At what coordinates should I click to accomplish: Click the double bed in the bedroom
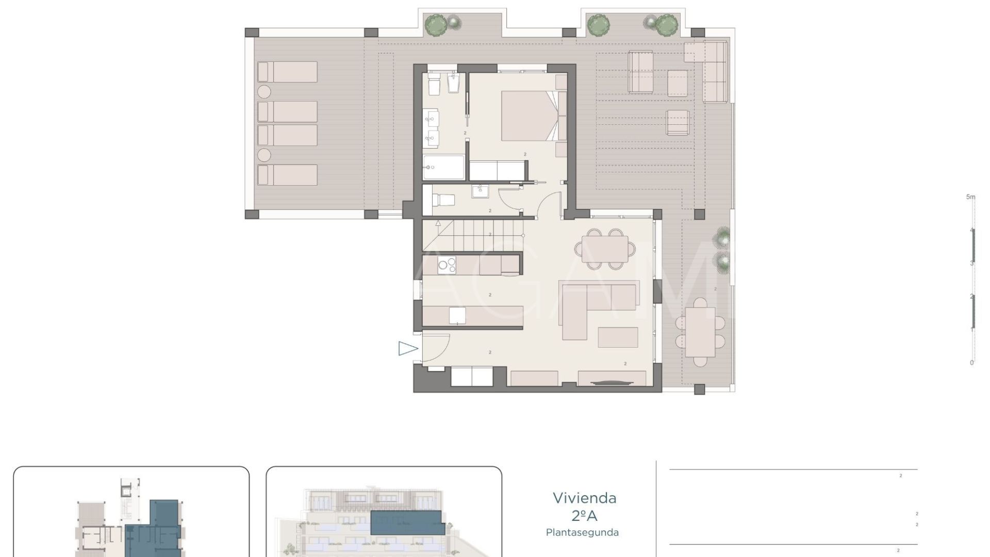pyautogui.click(x=529, y=116)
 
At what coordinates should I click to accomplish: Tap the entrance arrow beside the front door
pyautogui.click(x=407, y=349)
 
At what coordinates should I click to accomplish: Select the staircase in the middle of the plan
pyautogui.click(x=472, y=236)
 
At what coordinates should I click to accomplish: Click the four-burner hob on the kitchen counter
pyautogui.click(x=447, y=266)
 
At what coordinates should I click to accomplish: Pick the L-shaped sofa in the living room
pyautogui.click(x=593, y=304)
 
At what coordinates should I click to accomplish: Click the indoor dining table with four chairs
pyautogui.click(x=605, y=250)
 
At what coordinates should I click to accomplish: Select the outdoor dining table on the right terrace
pyautogui.click(x=700, y=332)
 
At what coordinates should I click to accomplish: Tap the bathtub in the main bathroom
pyautogui.click(x=443, y=167)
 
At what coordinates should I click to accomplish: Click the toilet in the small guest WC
pyautogui.click(x=442, y=200)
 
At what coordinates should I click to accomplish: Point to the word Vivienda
pyautogui.click(x=584, y=498)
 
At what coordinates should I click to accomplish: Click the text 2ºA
pyautogui.click(x=584, y=516)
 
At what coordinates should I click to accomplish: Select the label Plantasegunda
pyautogui.click(x=582, y=533)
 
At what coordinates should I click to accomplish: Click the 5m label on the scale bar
pyautogui.click(x=970, y=197)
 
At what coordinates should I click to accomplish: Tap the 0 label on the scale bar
pyautogui.click(x=971, y=363)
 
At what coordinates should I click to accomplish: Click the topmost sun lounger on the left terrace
pyautogui.click(x=287, y=72)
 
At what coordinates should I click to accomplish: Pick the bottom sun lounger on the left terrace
pyautogui.click(x=287, y=175)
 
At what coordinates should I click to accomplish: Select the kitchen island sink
pyautogui.click(x=457, y=315)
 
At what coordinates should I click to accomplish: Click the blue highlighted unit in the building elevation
pyautogui.click(x=407, y=522)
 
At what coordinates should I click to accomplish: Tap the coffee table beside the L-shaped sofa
pyautogui.click(x=618, y=337)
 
